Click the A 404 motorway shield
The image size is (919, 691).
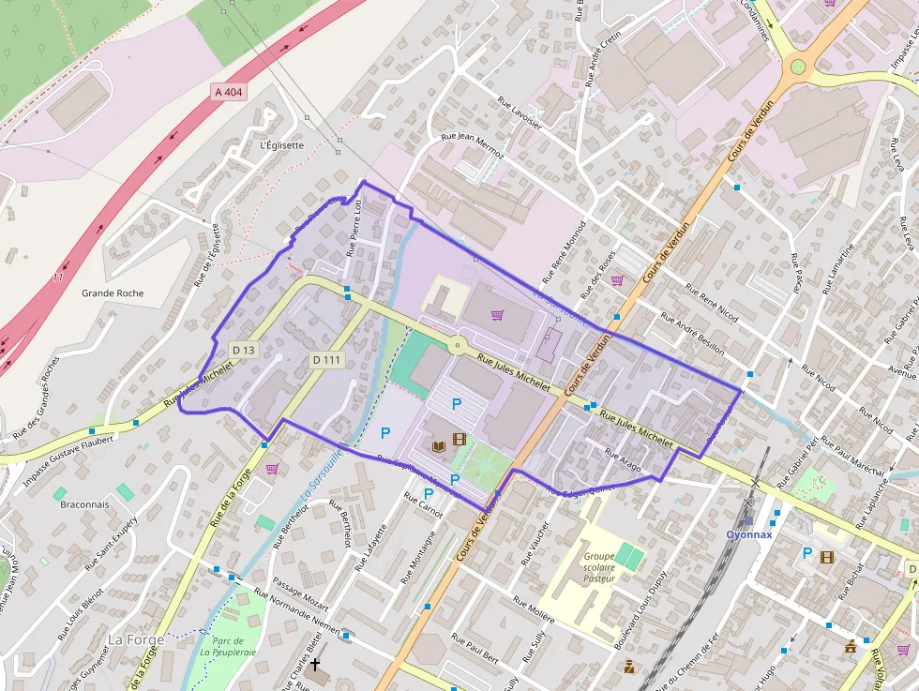click(x=228, y=91)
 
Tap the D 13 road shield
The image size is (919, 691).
click(x=243, y=350)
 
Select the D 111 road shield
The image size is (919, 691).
click(x=327, y=359)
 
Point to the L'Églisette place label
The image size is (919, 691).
click(x=281, y=145)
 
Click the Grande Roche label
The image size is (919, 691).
click(x=113, y=293)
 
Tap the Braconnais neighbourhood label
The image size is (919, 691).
click(x=84, y=504)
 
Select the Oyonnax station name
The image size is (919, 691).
click(x=748, y=534)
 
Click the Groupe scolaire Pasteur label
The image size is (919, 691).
click(x=599, y=567)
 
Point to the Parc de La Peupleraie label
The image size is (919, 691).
click(x=227, y=646)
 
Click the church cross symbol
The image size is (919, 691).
click(x=315, y=667)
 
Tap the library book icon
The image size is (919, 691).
click(x=438, y=446)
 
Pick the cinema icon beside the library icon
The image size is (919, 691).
click(x=459, y=438)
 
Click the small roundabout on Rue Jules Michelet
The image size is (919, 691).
click(x=457, y=346)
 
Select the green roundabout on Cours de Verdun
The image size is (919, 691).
click(x=798, y=67)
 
